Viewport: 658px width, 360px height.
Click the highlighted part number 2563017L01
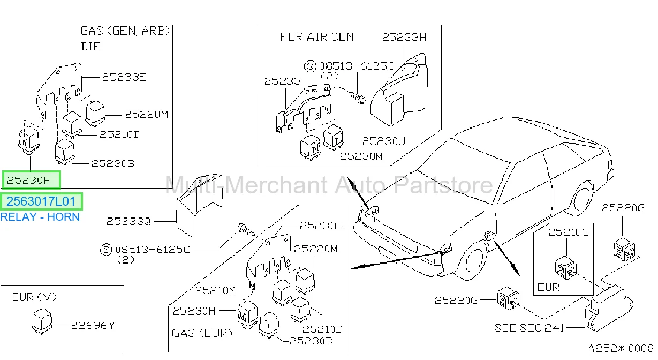click(x=41, y=201)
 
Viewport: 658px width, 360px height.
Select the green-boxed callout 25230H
click(x=31, y=180)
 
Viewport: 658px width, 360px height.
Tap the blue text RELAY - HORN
click(x=40, y=217)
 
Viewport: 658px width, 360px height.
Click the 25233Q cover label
click(x=128, y=221)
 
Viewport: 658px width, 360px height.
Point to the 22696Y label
click(x=93, y=325)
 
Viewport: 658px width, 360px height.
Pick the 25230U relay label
click(x=384, y=141)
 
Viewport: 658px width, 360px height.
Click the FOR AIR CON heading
click(x=317, y=37)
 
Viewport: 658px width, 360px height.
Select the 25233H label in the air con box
click(x=404, y=37)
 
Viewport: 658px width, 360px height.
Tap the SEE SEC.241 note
click(x=530, y=328)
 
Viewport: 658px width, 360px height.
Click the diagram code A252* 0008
click(x=621, y=348)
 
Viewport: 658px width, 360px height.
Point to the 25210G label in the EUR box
click(x=569, y=232)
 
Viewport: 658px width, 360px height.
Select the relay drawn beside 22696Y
click(x=42, y=321)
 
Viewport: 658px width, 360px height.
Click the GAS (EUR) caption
click(x=202, y=333)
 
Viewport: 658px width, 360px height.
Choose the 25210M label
click(x=215, y=290)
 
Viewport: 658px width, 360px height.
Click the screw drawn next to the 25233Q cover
click(x=246, y=230)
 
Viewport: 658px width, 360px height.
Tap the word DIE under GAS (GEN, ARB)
click(x=91, y=47)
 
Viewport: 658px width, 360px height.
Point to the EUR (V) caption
click(x=34, y=297)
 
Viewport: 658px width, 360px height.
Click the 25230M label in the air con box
click(x=361, y=156)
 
